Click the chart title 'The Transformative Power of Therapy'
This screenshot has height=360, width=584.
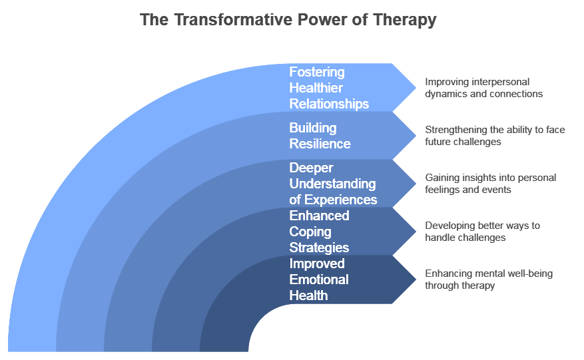pos(288,20)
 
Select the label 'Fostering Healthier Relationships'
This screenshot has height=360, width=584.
pos(329,88)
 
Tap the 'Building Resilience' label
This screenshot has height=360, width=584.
pos(320,136)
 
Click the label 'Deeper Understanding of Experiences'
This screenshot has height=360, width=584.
pos(332,184)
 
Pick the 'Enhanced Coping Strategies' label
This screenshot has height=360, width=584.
pos(319,232)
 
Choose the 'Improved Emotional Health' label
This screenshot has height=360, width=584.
pos(318,279)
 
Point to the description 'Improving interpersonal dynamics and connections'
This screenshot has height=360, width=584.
pos(484,88)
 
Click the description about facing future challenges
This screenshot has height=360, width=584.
pos(495,136)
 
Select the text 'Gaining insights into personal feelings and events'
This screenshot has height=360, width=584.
pos(490,184)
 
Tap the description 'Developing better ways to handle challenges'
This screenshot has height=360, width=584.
pos(483,232)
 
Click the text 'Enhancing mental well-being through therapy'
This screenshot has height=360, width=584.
pos(489,279)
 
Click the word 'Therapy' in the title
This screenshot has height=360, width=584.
pos(407,20)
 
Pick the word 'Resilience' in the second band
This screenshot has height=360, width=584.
pos(320,144)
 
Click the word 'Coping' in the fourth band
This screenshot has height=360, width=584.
pos(310,232)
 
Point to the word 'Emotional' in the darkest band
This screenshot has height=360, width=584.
pos(318,279)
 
